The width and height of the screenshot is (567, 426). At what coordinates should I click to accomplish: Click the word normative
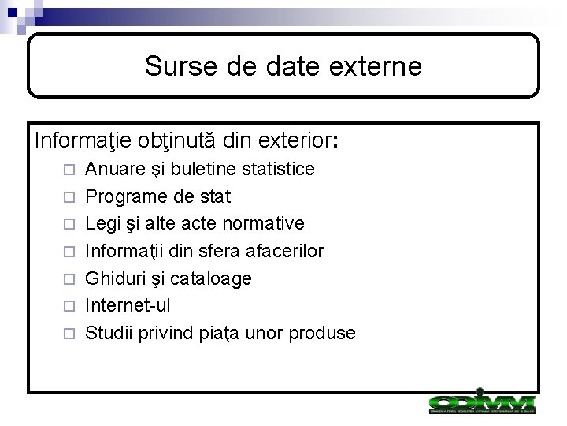tap(264, 223)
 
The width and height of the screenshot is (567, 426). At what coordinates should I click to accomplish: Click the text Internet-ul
tap(128, 305)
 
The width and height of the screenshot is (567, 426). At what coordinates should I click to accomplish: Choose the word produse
tap(324, 333)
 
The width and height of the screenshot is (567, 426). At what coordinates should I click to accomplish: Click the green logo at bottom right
tap(481, 403)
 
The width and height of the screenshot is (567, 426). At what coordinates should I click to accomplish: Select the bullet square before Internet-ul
tap(69, 306)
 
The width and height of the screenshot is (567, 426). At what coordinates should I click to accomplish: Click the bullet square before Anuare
tap(69, 170)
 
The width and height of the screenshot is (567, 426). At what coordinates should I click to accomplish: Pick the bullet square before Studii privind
tap(69, 334)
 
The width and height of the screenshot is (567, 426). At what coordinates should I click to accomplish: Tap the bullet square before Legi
tap(69, 224)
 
